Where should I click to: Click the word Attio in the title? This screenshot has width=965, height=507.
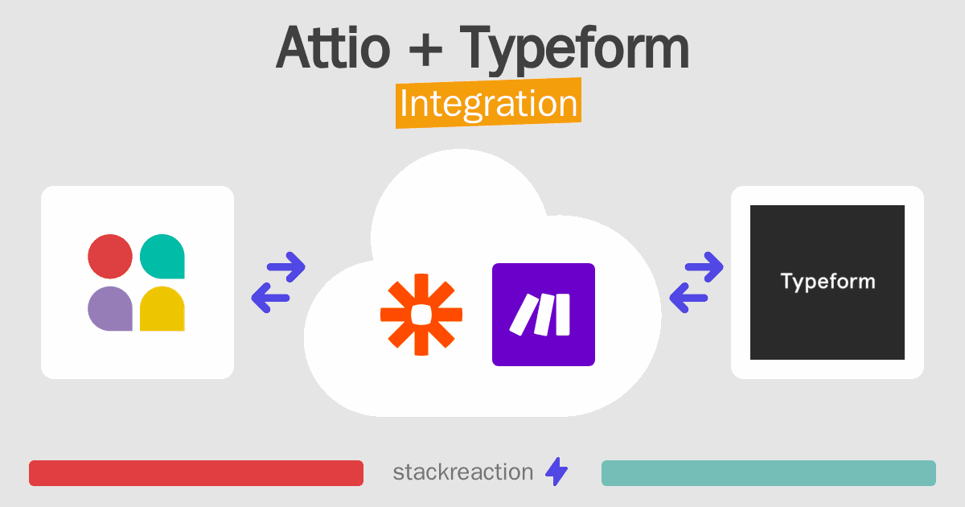coord(333,47)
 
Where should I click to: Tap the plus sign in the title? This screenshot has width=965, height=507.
coord(425,50)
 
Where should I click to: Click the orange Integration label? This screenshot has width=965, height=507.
coord(489,103)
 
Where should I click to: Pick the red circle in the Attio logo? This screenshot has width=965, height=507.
coord(110,257)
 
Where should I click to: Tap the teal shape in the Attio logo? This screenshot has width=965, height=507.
coord(162,257)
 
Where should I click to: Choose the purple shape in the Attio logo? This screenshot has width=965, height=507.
coord(110,309)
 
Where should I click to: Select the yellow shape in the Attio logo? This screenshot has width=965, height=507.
coord(162,309)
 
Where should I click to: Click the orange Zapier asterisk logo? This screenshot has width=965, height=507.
coord(421,315)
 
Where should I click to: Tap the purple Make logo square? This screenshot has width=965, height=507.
coord(544,315)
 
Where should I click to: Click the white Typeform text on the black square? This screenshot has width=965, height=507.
coord(827,282)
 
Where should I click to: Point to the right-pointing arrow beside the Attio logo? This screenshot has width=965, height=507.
coord(286,267)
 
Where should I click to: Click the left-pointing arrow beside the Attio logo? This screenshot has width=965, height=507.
coord(270,298)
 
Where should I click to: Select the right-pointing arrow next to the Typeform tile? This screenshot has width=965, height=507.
coord(704,267)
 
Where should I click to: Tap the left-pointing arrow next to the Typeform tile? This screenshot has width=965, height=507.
coord(688,298)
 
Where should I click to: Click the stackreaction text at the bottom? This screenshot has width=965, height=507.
coord(463,472)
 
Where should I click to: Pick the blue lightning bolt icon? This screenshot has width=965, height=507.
coord(556,472)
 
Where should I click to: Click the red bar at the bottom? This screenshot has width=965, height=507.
coord(196,473)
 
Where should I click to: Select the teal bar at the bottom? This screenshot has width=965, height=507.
coord(769,473)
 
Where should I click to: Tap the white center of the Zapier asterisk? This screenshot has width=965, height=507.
coord(421,315)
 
